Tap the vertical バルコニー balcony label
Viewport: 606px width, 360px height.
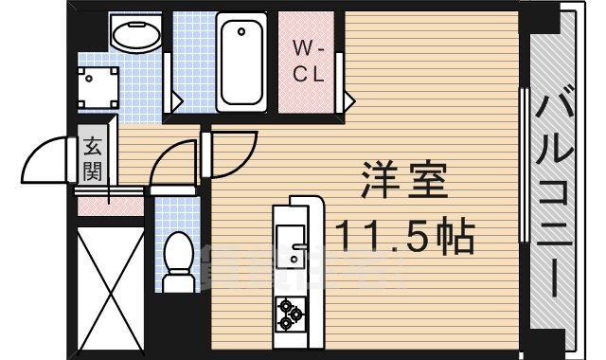(x=556, y=189)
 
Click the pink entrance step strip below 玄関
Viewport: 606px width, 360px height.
(x=110, y=202)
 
